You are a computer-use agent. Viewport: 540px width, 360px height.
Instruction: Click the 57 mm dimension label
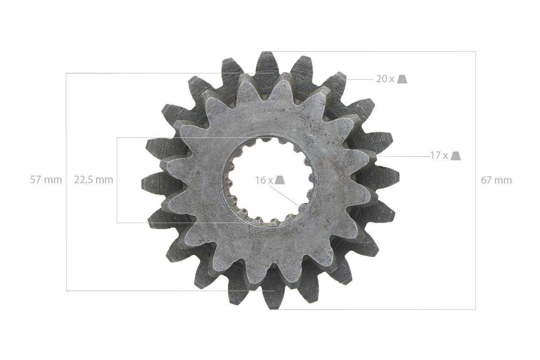[46, 180]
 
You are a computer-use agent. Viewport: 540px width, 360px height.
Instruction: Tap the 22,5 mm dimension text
[93, 180]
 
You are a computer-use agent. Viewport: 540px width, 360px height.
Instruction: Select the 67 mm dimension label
[496, 180]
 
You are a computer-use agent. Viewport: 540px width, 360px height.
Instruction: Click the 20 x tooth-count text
[385, 79]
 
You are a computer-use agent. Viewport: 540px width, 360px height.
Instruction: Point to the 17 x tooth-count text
[439, 156]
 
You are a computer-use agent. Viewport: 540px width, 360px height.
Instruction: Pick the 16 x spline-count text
[264, 180]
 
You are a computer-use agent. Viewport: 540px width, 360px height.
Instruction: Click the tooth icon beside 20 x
[402, 79]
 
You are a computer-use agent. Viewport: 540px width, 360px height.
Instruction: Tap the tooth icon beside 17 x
[456, 156]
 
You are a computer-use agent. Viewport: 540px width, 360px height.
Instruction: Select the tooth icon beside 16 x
[280, 180]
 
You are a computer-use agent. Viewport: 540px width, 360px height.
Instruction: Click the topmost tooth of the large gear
[267, 64]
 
